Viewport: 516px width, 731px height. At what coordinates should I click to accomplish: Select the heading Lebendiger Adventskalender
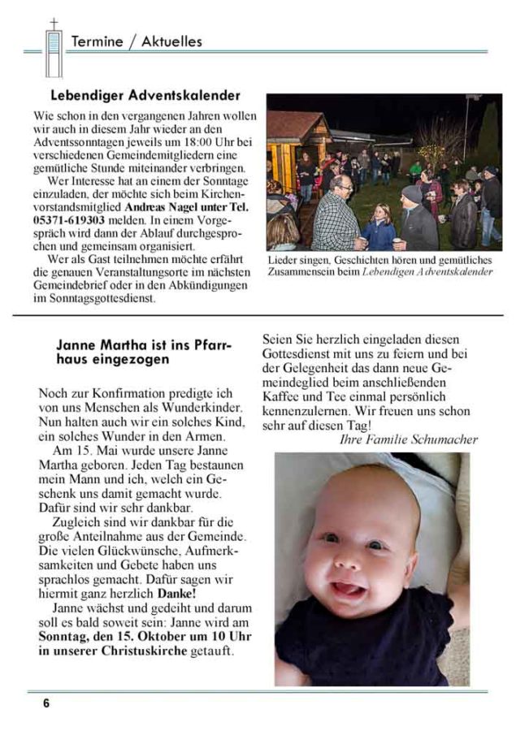(x=145, y=96)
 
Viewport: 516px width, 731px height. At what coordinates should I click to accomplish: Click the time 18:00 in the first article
(x=193, y=143)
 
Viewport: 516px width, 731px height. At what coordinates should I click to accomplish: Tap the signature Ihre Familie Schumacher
(x=408, y=439)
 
